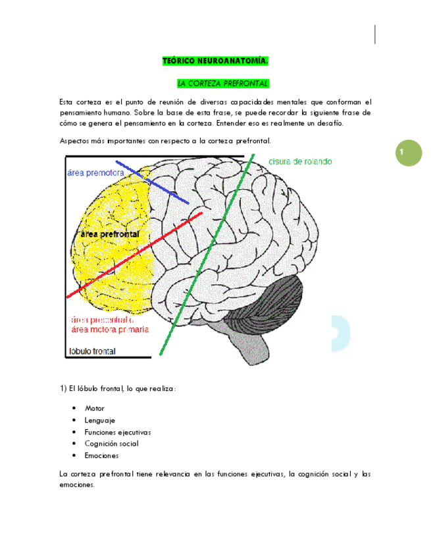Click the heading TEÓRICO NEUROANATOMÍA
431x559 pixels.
(215, 61)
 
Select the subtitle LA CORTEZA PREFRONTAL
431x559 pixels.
(223, 84)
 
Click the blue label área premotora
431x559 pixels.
(95, 173)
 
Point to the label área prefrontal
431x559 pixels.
(109, 235)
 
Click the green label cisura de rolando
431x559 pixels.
(300, 162)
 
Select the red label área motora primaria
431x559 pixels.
(109, 329)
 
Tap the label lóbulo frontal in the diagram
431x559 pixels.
(92, 351)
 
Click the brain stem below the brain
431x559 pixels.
(253, 346)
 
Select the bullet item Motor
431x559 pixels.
(95, 409)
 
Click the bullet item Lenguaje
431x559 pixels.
(100, 421)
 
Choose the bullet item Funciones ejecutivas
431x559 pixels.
(118, 432)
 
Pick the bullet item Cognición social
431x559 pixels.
(111, 444)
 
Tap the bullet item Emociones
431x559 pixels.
(101, 456)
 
